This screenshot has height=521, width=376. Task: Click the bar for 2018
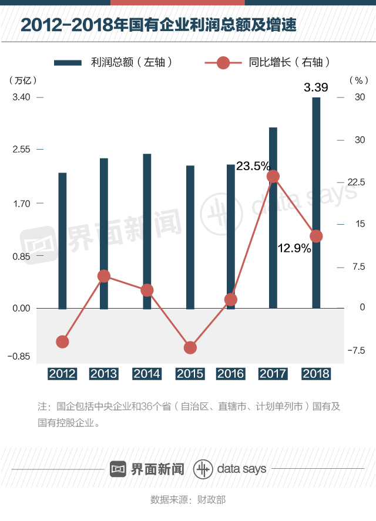coord(316,202)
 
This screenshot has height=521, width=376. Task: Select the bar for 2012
coord(62,241)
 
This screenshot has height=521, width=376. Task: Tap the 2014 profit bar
coord(147,231)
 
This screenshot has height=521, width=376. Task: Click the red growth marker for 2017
coord(273,176)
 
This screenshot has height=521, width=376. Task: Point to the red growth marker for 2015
coord(190,348)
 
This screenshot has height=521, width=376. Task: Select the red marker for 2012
coord(62,342)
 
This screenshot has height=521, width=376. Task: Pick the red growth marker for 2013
coord(104,276)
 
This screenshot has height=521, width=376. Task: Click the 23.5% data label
coord(253,166)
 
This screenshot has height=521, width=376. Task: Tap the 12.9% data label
coord(294,248)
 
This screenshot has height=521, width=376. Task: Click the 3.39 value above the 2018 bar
coord(316,88)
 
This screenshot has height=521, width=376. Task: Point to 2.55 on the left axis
coord(22,150)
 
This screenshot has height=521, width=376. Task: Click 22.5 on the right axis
coord(356,182)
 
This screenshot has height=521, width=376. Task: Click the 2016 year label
coord(231,374)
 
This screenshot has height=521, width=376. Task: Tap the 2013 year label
coord(104,374)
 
